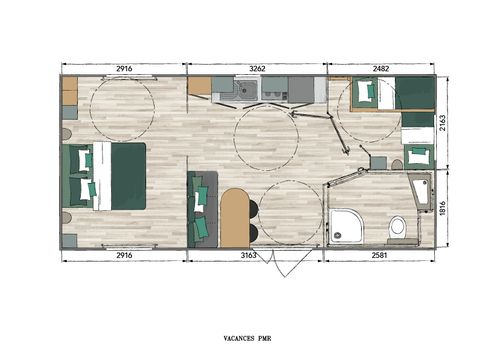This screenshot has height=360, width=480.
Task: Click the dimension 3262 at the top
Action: coord(257,69)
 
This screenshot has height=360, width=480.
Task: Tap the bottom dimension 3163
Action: coord(257,256)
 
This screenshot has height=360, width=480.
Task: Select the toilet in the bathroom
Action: coord(398,226)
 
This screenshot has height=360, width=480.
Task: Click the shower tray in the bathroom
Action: coord(349,224)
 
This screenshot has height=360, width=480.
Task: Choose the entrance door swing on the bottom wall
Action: coord(283,263)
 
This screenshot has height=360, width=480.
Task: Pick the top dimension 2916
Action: coord(126,69)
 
